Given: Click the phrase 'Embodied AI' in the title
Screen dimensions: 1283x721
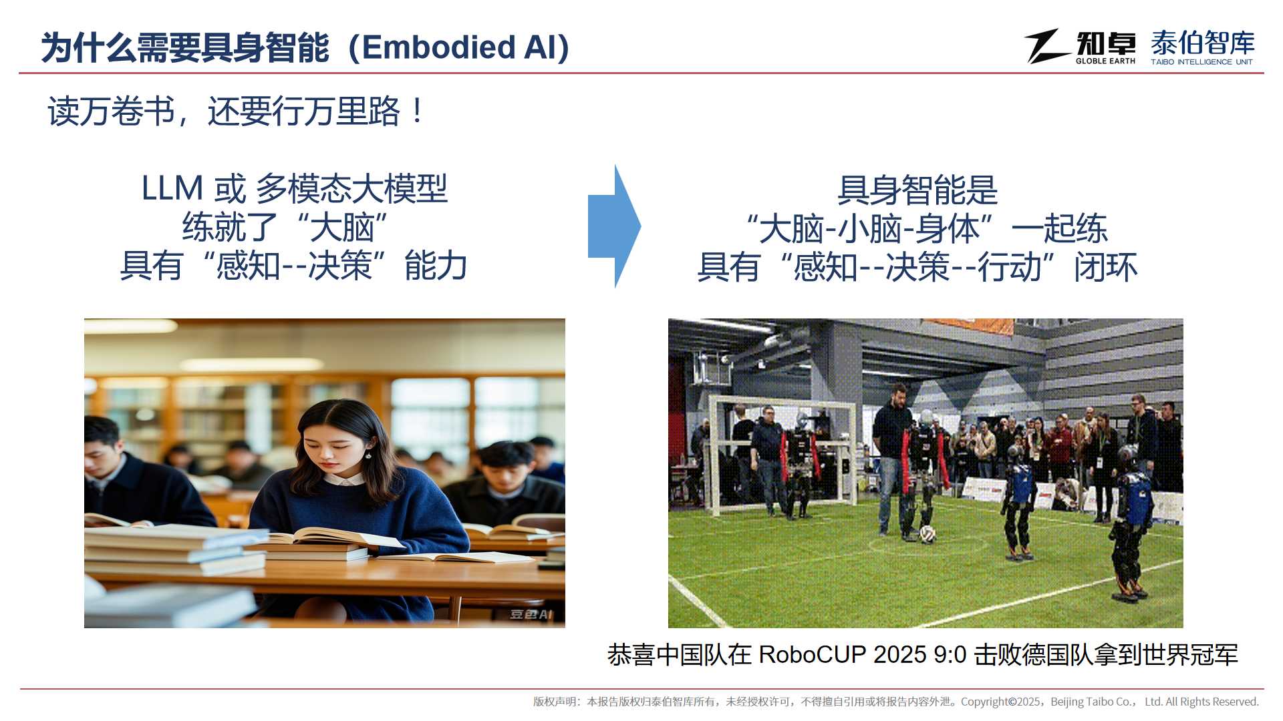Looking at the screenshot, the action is (459, 47).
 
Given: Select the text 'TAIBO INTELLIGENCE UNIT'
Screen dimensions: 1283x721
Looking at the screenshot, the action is (1201, 62).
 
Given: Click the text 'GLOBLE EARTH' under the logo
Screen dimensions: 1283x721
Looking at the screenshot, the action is (1105, 61).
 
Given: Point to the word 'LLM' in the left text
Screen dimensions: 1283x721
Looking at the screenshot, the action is (172, 188).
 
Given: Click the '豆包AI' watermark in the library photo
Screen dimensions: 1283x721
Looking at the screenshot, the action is (531, 614).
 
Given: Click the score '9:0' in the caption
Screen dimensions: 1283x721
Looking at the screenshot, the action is (950, 655).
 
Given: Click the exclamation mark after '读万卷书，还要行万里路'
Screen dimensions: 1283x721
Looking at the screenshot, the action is (418, 111).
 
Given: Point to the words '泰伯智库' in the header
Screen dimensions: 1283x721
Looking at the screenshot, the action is (1203, 43).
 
